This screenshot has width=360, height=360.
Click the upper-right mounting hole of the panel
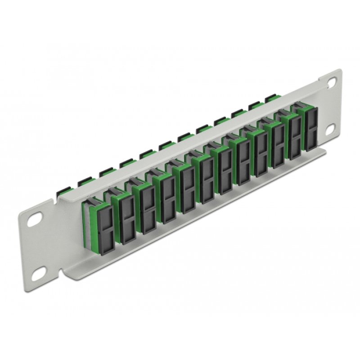click(x=332, y=82)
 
